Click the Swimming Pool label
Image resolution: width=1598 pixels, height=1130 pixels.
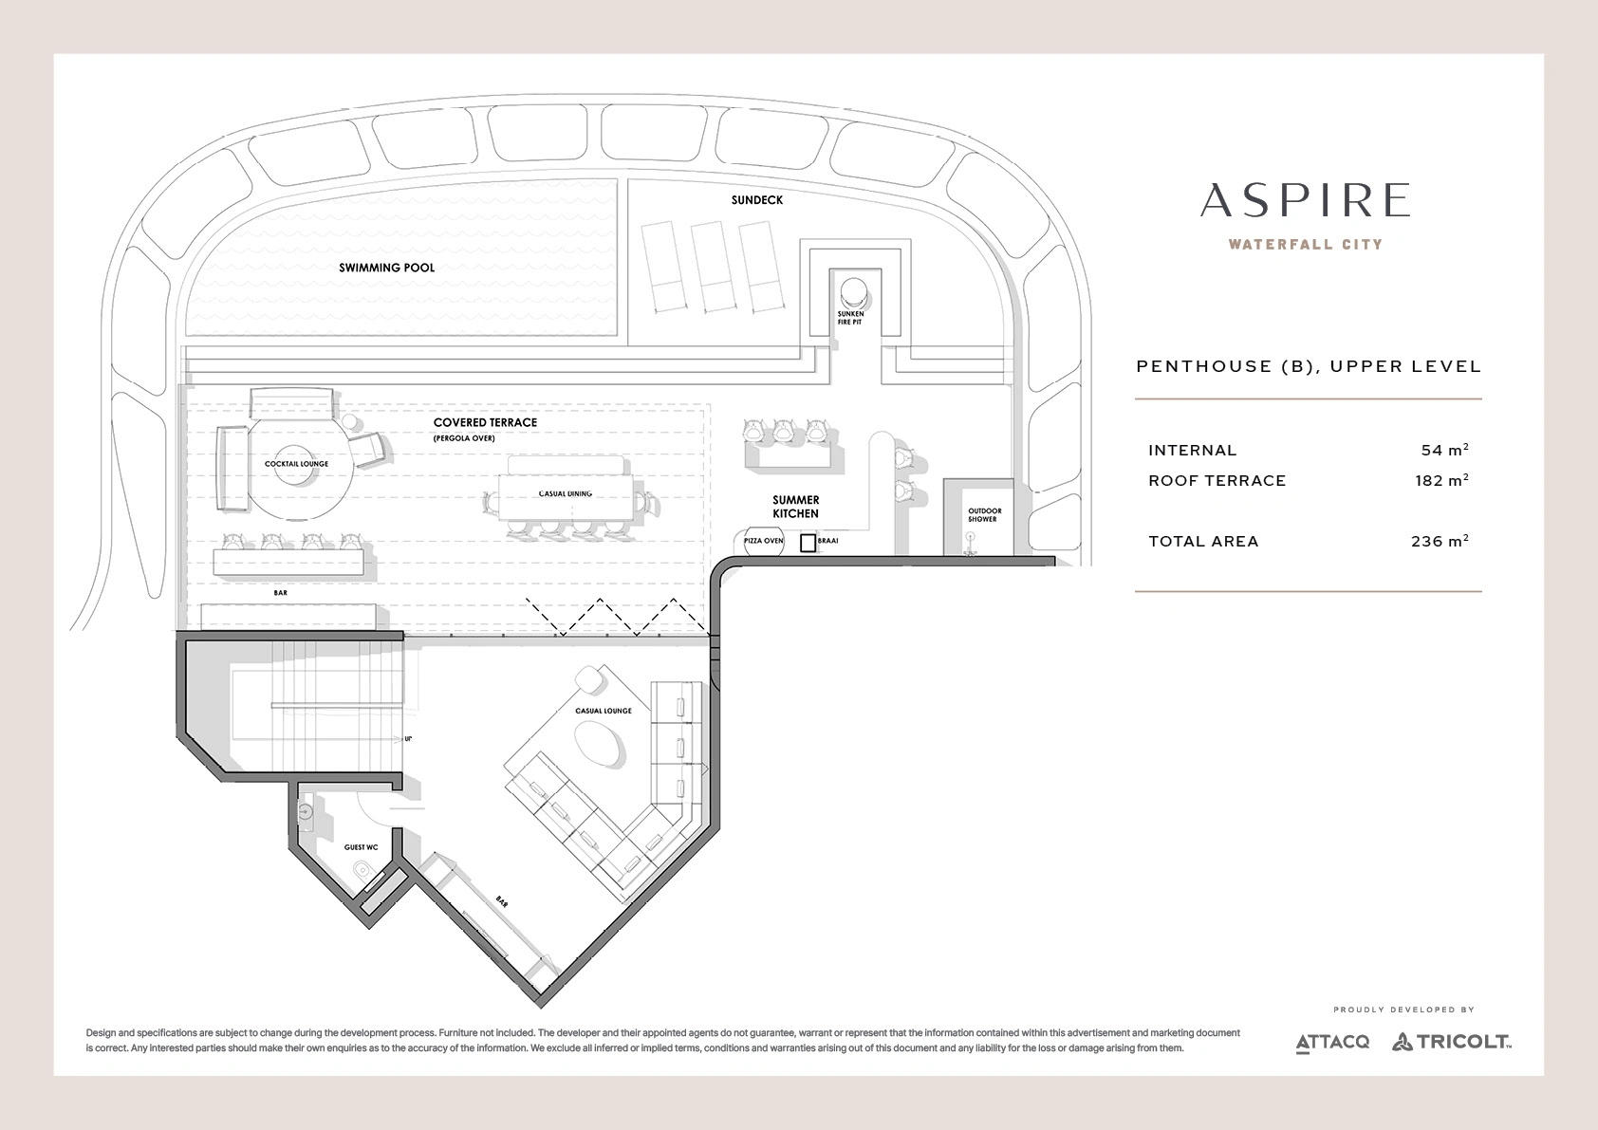[x=386, y=268]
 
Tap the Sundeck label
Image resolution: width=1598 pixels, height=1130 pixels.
[x=757, y=200]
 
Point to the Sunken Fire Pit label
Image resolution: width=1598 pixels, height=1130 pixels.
[x=849, y=318]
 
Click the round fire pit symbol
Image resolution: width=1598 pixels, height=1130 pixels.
[x=853, y=289]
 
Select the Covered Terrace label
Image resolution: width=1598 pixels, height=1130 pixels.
[x=485, y=422]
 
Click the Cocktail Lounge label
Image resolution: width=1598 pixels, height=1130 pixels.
[x=296, y=464]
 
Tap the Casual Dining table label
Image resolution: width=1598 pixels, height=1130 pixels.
[x=565, y=493]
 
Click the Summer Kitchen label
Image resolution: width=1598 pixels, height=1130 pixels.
[x=795, y=507]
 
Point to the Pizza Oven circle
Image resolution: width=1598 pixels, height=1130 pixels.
[x=763, y=541]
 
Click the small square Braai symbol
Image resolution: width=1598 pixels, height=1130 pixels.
[x=808, y=543]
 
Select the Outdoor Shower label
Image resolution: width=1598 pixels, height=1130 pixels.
[x=984, y=515]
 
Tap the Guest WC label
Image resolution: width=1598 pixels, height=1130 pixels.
[x=361, y=847]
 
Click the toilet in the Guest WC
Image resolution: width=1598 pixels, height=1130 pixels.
[x=363, y=870]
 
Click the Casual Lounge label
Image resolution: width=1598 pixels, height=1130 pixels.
[x=604, y=711]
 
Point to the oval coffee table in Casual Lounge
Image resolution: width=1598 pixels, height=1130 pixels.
[x=598, y=743]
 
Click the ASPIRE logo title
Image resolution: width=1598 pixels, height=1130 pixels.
[x=1305, y=200]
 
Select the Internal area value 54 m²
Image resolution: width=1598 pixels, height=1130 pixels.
[x=1444, y=450]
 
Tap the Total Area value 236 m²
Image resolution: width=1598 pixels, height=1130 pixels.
[x=1440, y=541]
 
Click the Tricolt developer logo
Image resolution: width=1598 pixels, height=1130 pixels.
[x=1451, y=1042]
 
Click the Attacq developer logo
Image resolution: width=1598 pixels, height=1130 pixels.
[x=1332, y=1043]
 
